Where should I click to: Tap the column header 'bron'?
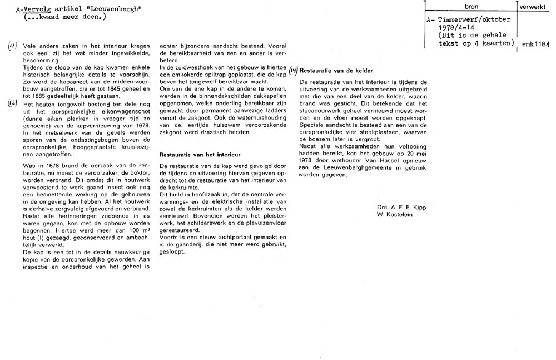tap(471, 5)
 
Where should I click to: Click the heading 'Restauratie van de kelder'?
tap(336, 71)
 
